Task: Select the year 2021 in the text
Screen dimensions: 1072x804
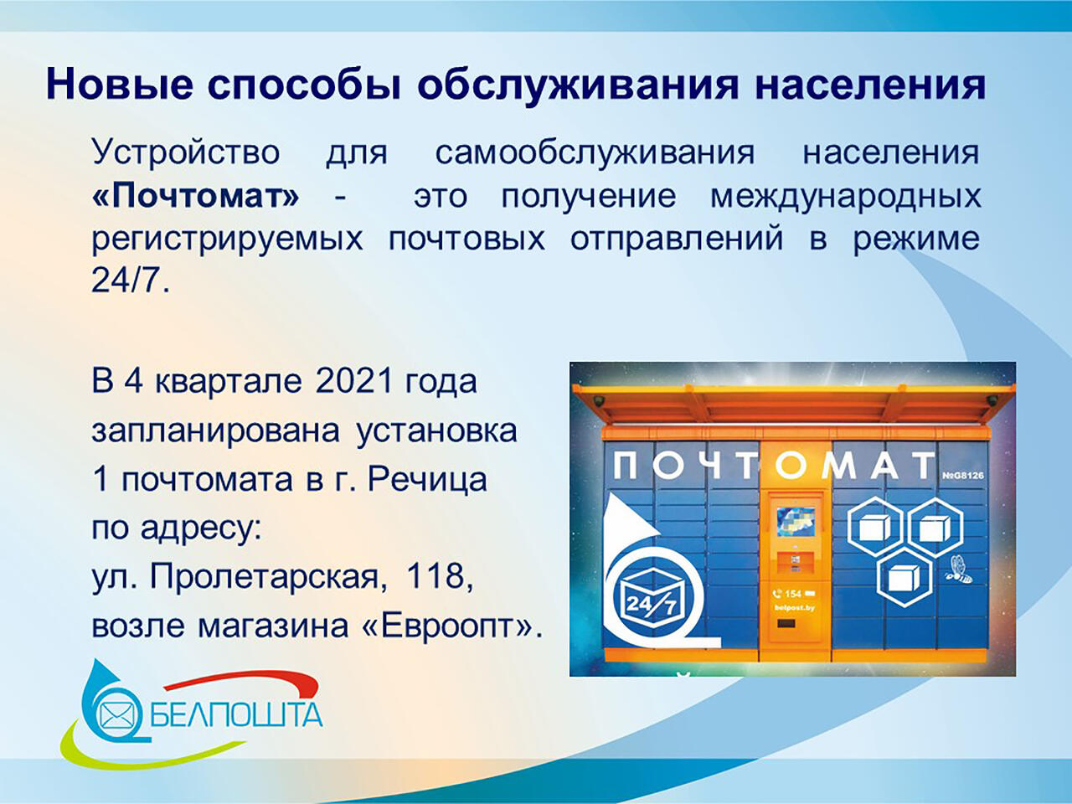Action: (354, 381)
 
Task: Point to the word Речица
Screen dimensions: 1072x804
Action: (427, 481)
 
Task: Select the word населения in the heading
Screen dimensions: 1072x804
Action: (870, 85)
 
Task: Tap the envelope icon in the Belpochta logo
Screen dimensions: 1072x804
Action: (116, 715)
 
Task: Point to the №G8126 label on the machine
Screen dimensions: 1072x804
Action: (962, 476)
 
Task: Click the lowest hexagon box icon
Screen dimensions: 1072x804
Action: (904, 577)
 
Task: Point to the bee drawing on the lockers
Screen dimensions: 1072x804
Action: (960, 569)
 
